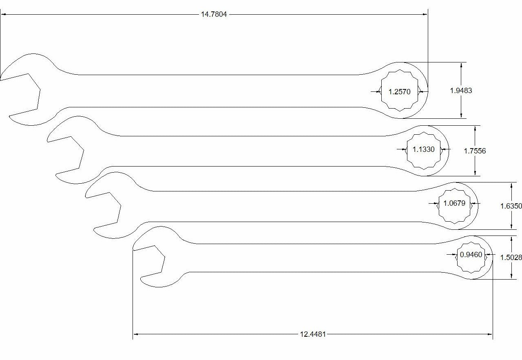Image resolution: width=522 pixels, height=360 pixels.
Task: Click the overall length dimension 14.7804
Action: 214,14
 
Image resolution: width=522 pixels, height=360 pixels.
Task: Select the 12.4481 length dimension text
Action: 313,334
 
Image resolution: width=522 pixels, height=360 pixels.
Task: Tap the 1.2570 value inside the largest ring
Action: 399,91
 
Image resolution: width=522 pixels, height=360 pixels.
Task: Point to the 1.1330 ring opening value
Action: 423,149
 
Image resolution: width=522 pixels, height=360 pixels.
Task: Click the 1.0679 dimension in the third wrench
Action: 454,203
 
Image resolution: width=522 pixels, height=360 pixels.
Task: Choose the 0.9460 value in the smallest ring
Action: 471,255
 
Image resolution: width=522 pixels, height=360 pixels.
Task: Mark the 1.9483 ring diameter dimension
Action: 461,91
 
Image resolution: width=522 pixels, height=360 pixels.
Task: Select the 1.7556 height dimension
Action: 475,151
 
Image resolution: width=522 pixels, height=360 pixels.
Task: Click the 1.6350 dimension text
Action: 511,206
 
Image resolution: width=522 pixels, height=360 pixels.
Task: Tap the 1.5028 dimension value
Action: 511,257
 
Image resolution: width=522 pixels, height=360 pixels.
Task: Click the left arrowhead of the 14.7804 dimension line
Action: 3,14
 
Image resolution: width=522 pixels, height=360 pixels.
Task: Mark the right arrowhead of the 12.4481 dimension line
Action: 490,334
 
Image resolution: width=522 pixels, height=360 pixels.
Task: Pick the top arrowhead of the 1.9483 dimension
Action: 461,65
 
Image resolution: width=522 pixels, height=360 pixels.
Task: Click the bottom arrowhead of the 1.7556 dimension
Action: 475,173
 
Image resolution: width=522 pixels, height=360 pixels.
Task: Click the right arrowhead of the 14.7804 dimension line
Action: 425,14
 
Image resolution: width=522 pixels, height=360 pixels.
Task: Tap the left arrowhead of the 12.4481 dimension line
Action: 136,334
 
